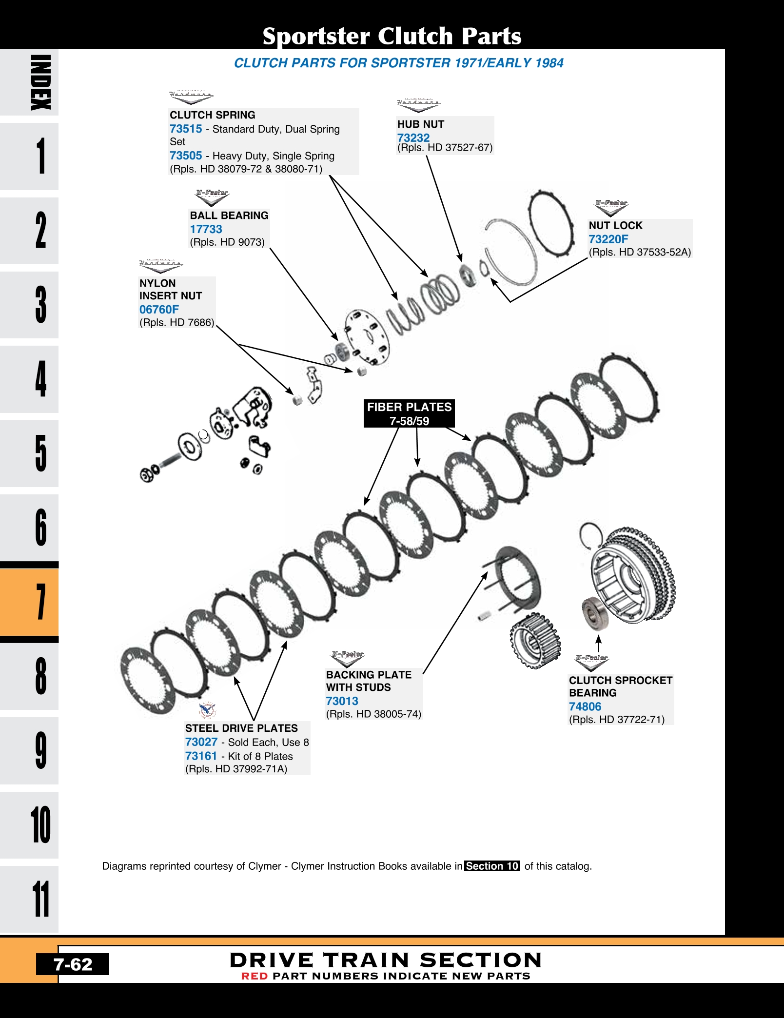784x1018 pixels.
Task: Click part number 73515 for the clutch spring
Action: (186, 129)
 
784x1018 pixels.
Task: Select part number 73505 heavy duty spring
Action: (186, 156)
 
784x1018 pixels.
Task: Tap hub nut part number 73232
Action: (413, 137)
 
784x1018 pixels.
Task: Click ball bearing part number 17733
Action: (206, 229)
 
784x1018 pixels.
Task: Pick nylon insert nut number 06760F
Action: (159, 310)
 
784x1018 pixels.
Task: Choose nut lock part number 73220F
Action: (608, 239)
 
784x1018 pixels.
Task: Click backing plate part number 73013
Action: (342, 701)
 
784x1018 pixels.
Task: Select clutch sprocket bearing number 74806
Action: (585, 706)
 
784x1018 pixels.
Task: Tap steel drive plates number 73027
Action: (201, 742)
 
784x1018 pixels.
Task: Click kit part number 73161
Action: (201, 756)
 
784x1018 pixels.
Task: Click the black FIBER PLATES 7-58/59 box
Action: (409, 413)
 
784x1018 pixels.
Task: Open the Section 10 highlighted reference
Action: (492, 866)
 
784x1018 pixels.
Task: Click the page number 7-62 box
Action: (73, 964)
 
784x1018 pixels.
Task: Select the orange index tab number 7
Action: (29, 602)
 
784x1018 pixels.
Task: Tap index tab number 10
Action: (29, 824)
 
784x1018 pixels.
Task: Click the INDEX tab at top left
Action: (29, 82)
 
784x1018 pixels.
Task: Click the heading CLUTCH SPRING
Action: (213, 115)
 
